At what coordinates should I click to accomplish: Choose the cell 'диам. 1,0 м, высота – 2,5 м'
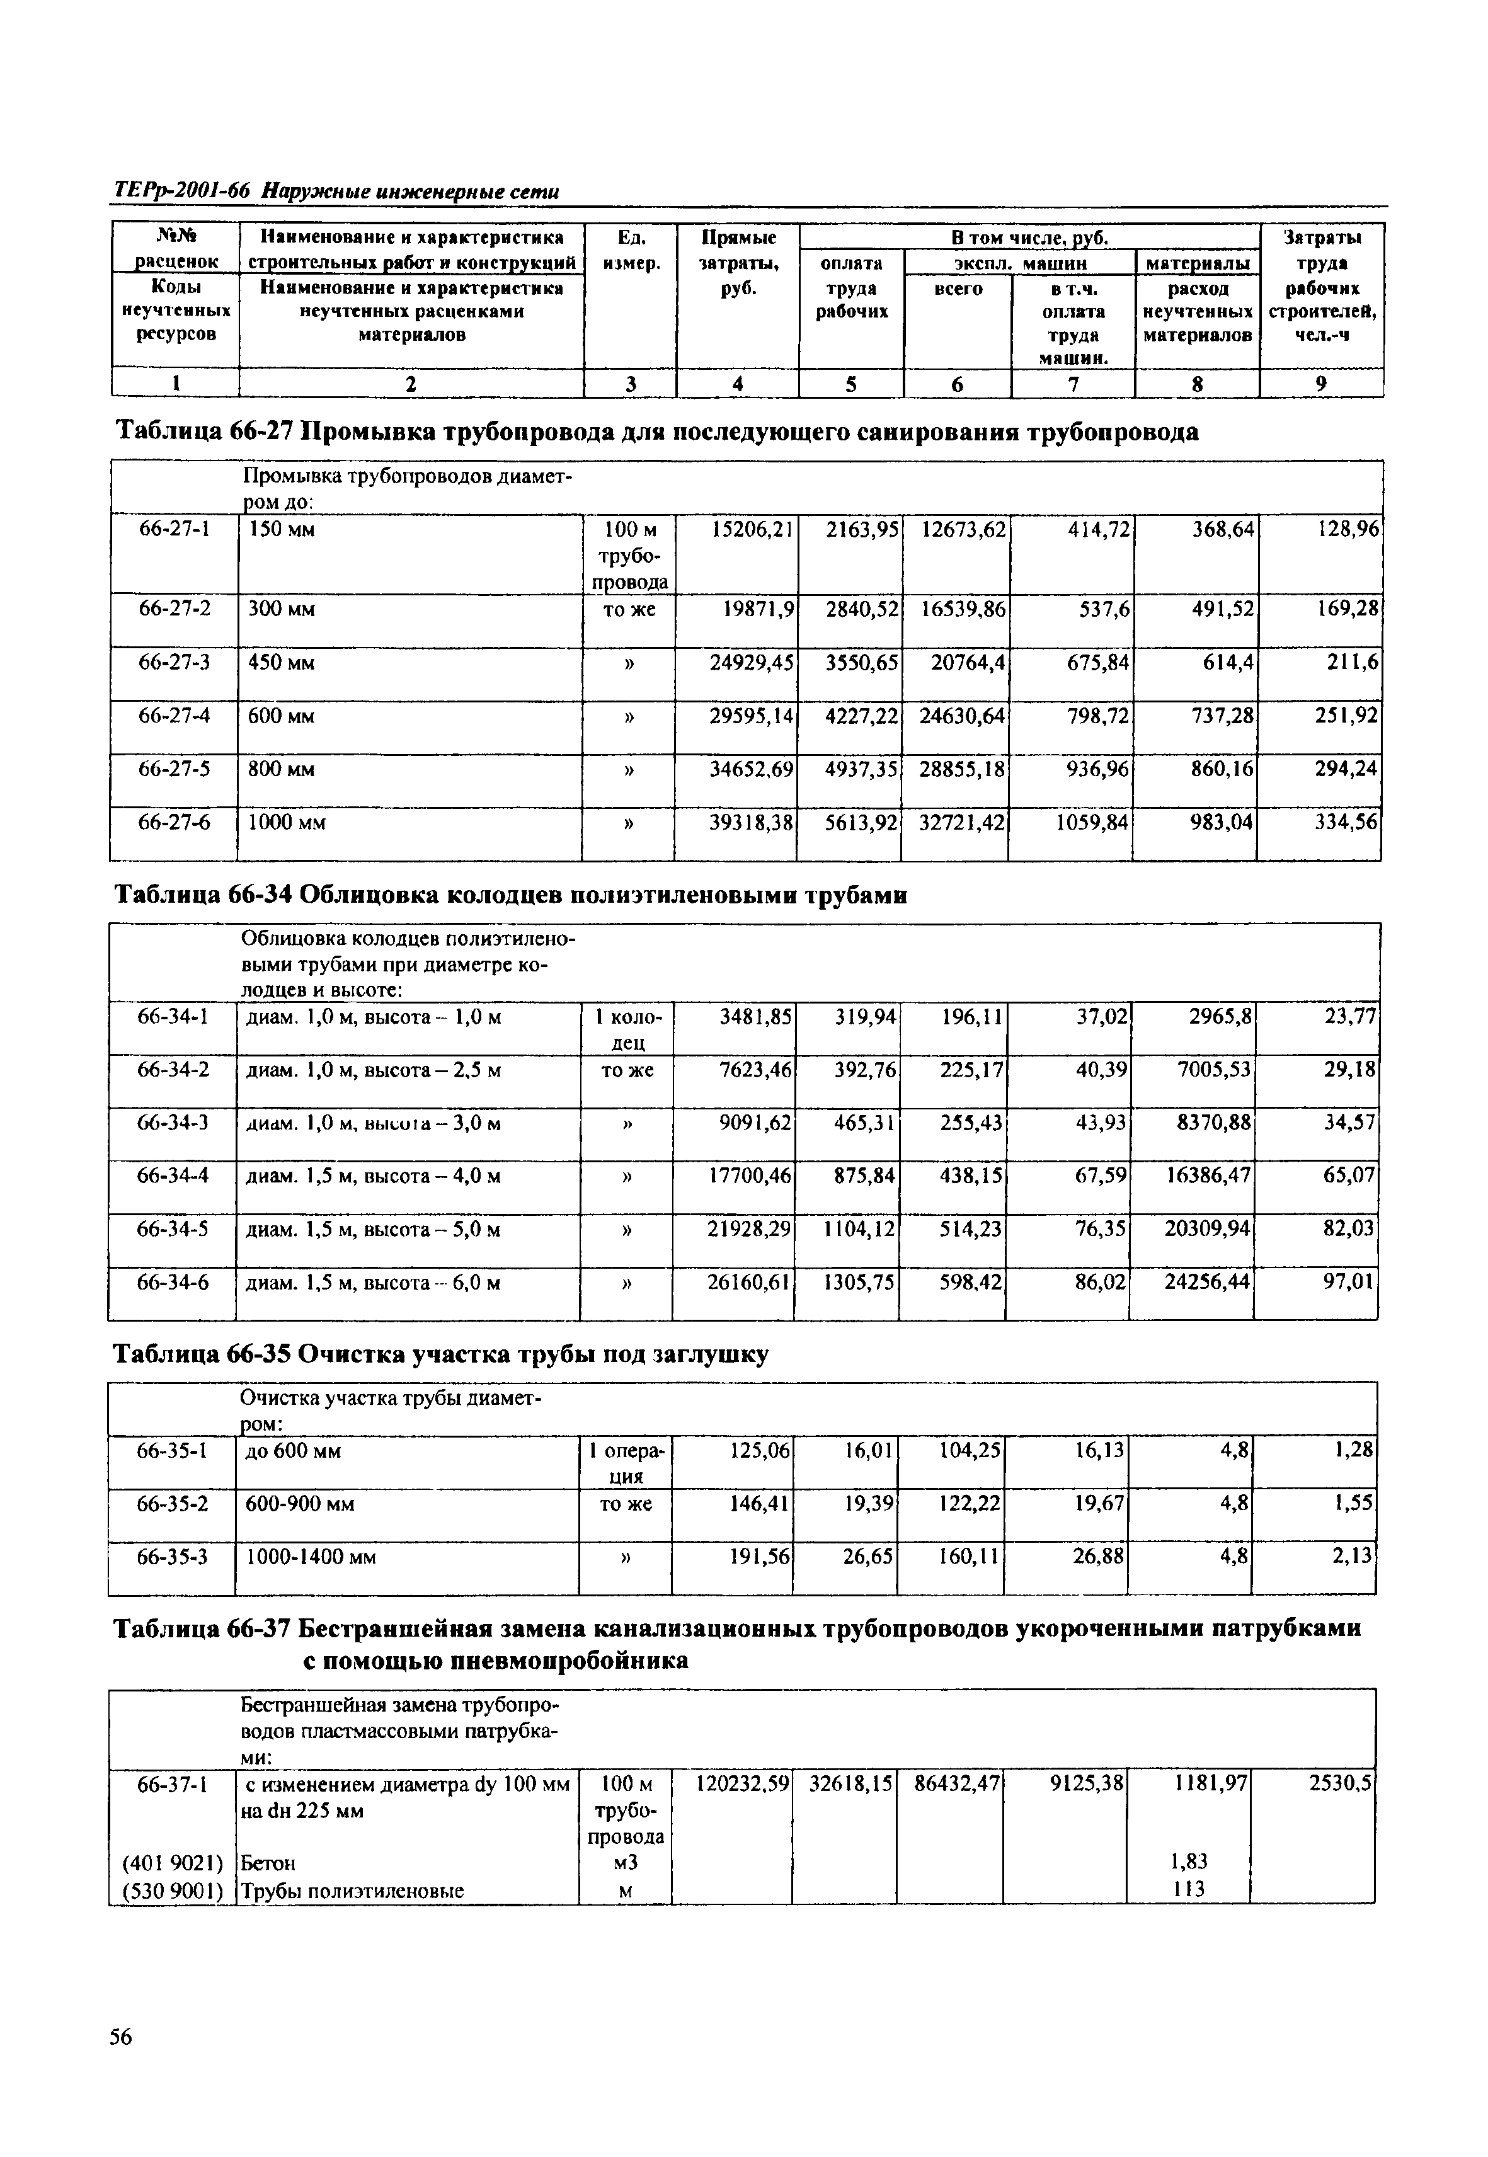tap(373, 1070)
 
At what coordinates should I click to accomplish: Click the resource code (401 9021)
tap(173, 1862)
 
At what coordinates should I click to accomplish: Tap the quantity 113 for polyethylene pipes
tap(1188, 1889)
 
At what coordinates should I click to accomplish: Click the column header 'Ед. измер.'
tap(631, 251)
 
